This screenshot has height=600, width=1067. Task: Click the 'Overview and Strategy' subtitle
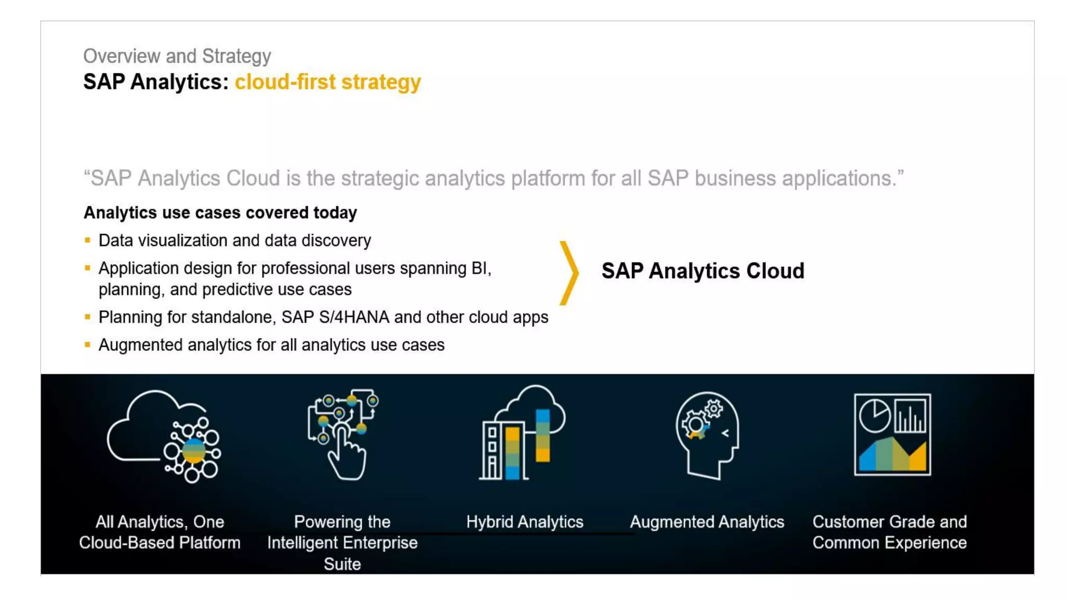[x=177, y=56]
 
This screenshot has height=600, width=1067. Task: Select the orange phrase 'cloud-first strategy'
[x=328, y=82]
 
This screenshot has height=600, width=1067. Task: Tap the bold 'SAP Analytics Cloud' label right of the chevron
[x=703, y=271]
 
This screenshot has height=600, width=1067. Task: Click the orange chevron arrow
[x=569, y=272]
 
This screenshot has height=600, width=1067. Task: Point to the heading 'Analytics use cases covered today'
[x=220, y=213]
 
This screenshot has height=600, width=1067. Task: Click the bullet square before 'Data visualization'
[x=88, y=240]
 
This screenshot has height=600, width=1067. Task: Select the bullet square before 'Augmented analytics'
[x=88, y=344]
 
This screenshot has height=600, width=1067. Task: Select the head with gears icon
[x=707, y=435]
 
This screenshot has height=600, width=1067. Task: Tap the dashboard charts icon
[x=892, y=434]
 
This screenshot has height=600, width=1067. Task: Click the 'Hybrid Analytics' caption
[x=525, y=522]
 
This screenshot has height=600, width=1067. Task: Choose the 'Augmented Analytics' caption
[x=707, y=522]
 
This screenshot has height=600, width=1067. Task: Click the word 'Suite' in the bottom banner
[x=342, y=564]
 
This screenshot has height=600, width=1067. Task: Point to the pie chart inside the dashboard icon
[x=874, y=415]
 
